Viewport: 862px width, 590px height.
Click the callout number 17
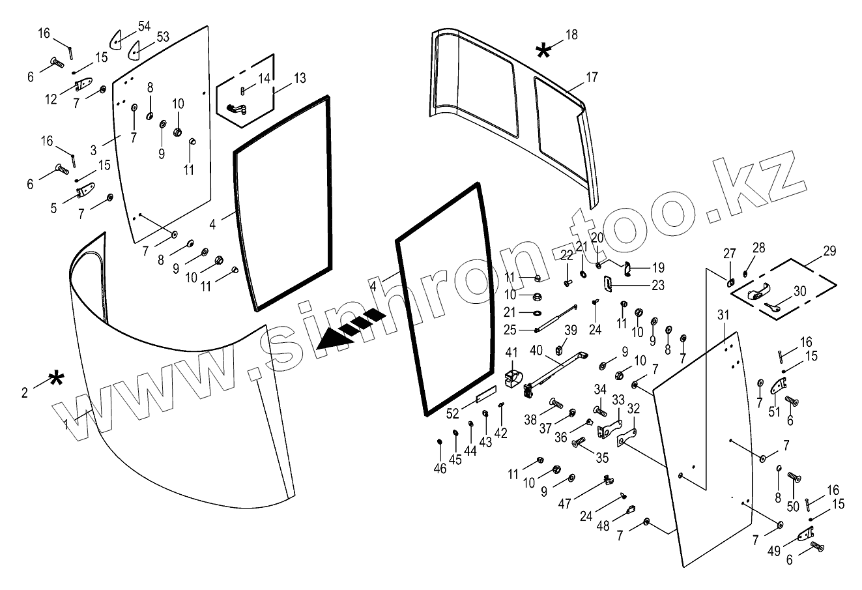click(591, 78)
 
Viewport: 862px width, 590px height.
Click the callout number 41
click(511, 353)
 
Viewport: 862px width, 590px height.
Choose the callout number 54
click(144, 26)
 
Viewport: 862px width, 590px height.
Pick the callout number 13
click(299, 78)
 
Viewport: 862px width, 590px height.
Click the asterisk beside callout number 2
click(57, 379)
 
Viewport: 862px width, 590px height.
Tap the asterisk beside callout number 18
click(543, 50)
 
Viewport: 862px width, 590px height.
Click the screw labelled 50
click(794, 478)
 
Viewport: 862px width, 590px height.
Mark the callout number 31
click(722, 316)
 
